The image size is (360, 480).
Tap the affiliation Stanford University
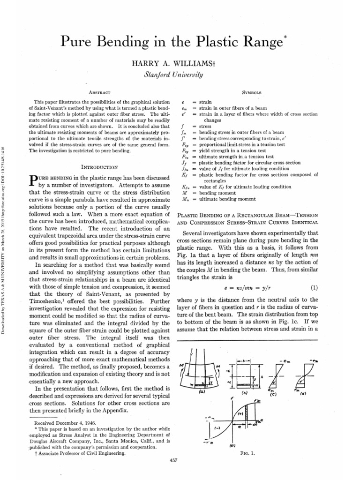click(x=180, y=74)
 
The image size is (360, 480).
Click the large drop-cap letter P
click(x=33, y=180)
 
